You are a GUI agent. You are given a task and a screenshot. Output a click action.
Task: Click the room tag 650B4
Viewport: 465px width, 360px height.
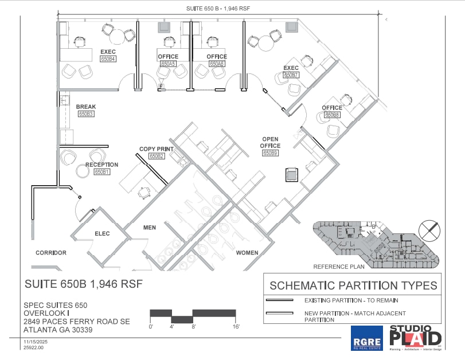(108, 59)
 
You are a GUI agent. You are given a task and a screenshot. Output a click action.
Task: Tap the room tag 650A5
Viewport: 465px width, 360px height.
(168, 64)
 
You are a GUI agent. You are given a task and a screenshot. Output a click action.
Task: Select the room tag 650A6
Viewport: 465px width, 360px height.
(217, 64)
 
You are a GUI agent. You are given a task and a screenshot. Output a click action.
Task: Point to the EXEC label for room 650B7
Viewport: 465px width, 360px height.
(291, 68)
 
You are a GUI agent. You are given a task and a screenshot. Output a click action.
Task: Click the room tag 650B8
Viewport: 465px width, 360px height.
(332, 115)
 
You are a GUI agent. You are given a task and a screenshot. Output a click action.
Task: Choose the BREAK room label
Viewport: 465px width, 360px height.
(86, 107)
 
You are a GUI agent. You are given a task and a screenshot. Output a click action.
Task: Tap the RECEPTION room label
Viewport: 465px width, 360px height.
(101, 165)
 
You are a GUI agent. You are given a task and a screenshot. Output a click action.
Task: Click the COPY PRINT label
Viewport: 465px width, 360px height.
(157, 149)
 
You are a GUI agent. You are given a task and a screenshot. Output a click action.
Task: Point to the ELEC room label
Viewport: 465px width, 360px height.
(102, 233)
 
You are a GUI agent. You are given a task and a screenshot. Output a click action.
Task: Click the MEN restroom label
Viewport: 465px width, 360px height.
(150, 228)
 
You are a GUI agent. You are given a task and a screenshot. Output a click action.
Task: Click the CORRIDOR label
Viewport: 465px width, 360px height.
(51, 253)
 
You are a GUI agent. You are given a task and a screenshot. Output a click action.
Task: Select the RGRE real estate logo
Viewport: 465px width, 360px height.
(366, 338)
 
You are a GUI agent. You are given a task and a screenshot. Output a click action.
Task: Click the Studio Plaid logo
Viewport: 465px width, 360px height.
(416, 337)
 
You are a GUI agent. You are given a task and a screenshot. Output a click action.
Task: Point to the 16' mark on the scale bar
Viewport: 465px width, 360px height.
(236, 326)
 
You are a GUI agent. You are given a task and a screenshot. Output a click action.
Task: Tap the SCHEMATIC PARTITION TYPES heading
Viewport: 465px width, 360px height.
(353, 285)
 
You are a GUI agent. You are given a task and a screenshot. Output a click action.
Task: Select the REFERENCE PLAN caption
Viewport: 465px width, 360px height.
(339, 267)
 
